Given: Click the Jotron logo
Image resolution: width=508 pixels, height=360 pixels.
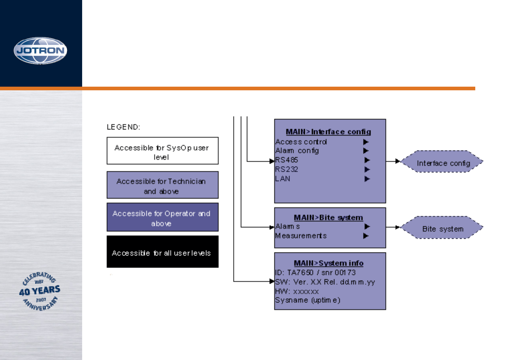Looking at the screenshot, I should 40,51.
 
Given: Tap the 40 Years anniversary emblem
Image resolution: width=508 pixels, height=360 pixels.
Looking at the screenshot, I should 40,291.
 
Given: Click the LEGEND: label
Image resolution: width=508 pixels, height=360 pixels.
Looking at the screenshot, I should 123,127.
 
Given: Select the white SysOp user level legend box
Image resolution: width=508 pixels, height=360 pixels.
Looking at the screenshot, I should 162,151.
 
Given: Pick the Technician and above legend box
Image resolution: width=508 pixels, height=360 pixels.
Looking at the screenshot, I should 162,185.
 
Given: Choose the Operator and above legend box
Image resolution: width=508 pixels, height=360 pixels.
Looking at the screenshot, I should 162,217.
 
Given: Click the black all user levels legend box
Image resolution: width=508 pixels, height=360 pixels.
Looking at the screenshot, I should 162,252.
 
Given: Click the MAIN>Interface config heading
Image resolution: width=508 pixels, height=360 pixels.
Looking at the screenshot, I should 328,132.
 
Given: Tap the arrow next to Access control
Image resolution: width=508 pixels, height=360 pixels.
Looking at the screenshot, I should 366,142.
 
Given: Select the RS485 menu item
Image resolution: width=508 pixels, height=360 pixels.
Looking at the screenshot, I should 286,160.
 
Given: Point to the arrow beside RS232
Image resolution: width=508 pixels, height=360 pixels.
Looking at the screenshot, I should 367,169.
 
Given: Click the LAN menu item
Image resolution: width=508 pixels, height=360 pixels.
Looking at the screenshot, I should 282,179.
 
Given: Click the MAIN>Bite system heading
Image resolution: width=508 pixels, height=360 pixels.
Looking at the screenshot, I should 328,218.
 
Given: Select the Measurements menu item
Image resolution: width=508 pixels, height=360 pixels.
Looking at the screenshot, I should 301,236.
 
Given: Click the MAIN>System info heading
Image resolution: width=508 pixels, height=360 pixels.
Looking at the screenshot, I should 329,263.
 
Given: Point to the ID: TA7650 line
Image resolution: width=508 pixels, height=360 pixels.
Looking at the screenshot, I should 315,272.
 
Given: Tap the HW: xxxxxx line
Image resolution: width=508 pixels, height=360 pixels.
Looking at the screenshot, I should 297,292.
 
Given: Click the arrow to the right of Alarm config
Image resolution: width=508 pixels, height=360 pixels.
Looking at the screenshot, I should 366,151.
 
